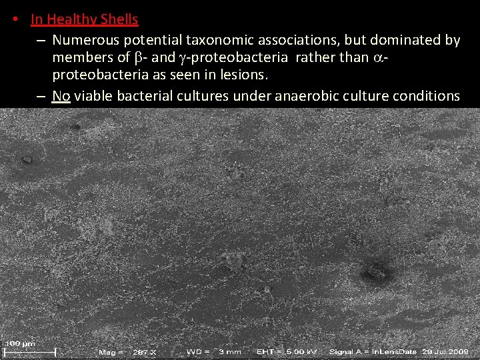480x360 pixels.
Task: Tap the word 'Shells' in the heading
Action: [x=119, y=19]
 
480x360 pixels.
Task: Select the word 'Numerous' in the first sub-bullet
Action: [x=83, y=40]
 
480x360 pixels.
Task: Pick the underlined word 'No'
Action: [x=61, y=96]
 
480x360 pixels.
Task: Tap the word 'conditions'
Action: [x=426, y=96]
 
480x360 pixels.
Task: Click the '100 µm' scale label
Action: [x=21, y=343]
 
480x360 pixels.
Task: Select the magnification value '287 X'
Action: [x=145, y=351]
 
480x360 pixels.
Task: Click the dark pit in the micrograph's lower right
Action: [x=376, y=271]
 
